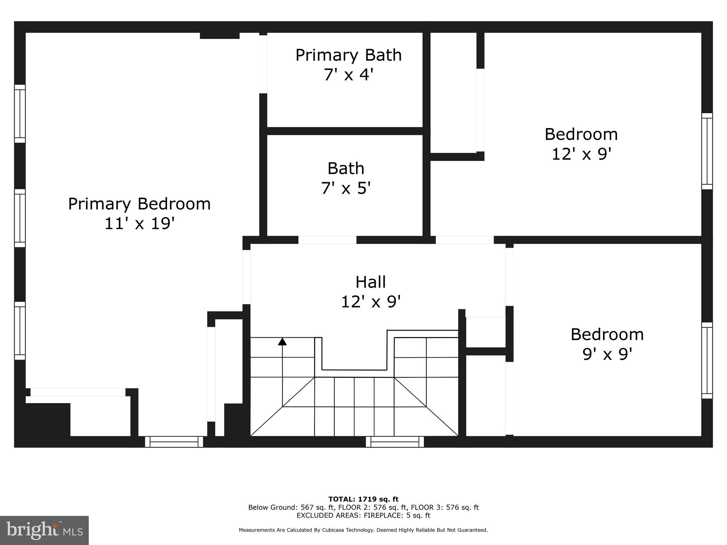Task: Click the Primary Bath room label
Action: coord(348,55)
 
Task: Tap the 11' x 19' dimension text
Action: coord(139,224)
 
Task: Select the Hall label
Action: coord(371,282)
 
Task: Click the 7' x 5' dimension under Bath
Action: coord(346,188)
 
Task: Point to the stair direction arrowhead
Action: coord(282,341)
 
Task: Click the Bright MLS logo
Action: coord(44,530)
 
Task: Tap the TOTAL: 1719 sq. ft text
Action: coord(363,499)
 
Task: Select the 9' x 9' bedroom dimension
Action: coord(607,354)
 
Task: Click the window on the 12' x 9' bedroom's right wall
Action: coord(707,151)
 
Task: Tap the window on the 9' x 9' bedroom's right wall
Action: coord(707,360)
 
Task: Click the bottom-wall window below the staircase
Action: coord(395,442)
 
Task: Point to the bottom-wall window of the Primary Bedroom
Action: coord(174,442)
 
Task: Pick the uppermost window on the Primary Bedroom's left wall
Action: coord(20,114)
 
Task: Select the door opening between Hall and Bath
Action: coord(327,240)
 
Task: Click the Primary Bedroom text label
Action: coord(139,204)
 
